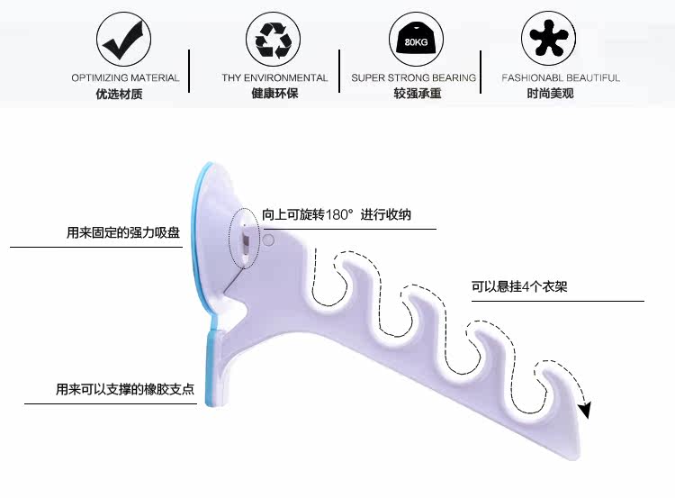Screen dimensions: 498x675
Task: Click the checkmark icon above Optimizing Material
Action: [x=123, y=40]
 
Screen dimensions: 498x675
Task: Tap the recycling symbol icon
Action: [x=273, y=40]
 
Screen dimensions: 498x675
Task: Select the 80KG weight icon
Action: [x=415, y=40]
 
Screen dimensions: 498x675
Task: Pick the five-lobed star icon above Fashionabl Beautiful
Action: [x=550, y=40]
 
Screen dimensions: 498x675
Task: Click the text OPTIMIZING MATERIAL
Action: [x=125, y=78]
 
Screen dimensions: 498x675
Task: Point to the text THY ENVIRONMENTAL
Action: [x=274, y=78]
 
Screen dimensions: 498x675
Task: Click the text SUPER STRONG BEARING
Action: [x=413, y=78]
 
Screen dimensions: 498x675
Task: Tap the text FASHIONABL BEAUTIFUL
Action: [x=561, y=78]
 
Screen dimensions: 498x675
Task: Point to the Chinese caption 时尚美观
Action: [x=550, y=94]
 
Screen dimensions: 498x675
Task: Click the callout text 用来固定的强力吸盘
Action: [x=123, y=232]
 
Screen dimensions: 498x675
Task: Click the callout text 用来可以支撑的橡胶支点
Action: [x=124, y=390]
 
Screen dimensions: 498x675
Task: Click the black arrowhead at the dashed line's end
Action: [x=585, y=411]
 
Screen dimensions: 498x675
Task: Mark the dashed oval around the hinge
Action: [x=244, y=239]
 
